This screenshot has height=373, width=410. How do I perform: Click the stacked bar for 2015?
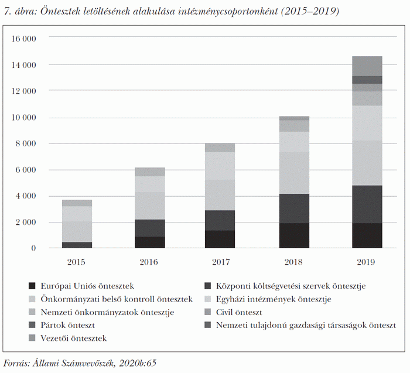(x=77, y=224)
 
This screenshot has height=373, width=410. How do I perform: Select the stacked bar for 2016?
(x=150, y=208)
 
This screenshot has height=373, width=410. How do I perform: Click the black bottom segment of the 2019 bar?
(x=367, y=235)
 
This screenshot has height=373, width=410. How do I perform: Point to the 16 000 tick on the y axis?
(x=24, y=39)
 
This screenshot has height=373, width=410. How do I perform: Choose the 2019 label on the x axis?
(x=367, y=262)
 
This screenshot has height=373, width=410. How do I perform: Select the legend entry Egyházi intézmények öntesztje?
(x=273, y=299)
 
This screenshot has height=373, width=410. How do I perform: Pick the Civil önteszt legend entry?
(x=238, y=312)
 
